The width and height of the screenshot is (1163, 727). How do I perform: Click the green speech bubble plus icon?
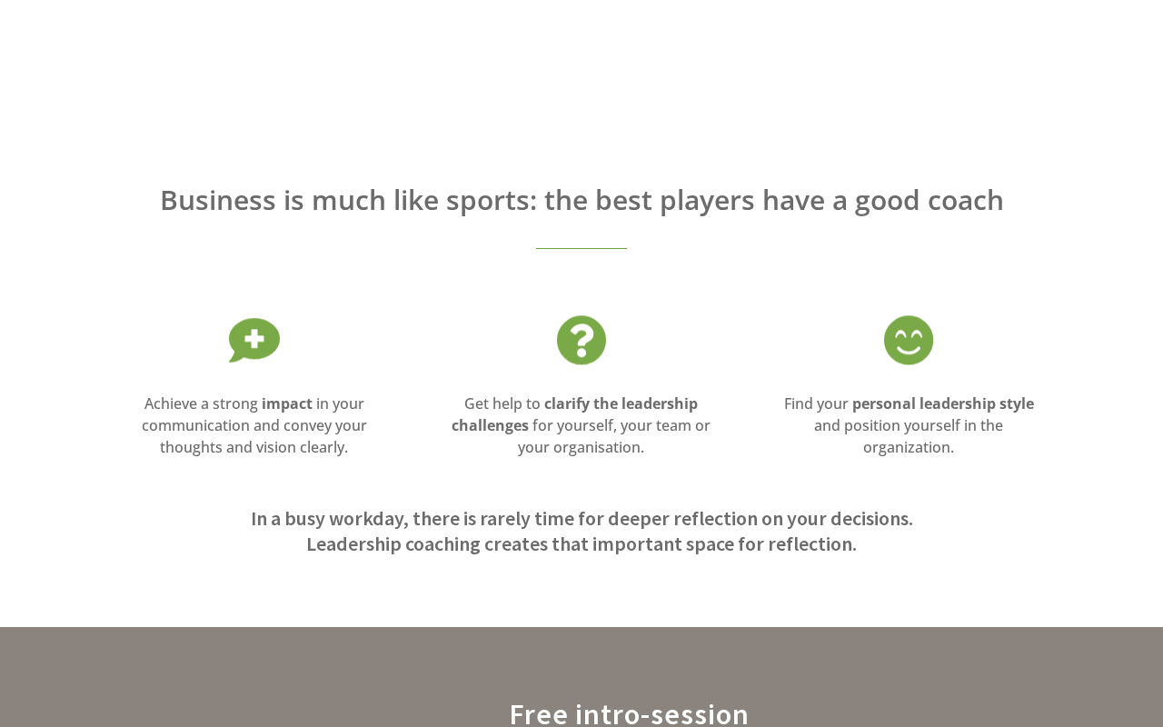pos(254,340)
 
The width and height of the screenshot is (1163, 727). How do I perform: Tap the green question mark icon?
pos(581,340)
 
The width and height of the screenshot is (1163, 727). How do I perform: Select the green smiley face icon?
pos(909,340)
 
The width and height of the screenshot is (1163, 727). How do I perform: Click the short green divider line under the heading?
pos(581,248)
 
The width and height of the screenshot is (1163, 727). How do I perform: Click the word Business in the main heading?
pos(218,201)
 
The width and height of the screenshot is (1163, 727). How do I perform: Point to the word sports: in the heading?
pos(492,202)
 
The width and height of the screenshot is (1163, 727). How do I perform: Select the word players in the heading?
pos(707,202)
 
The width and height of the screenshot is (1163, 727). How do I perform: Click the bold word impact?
pos(286,404)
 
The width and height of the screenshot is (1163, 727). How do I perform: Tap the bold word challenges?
pos(490,426)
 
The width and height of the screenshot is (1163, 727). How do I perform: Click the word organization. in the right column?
pos(909,448)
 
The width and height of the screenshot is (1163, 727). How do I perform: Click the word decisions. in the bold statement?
pos(871,519)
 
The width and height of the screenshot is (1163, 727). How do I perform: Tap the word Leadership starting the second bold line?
pos(353,544)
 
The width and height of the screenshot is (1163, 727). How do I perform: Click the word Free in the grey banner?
pos(539,714)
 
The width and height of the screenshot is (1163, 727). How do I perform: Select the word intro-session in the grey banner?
pos(661,714)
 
